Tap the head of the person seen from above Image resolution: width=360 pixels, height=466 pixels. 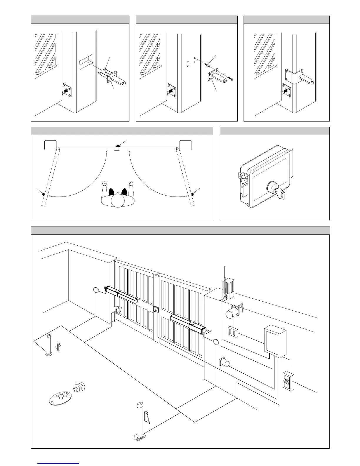(x=117, y=202)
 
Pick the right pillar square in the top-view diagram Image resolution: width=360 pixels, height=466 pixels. (x=186, y=145)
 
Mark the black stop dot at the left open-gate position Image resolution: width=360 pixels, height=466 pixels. (x=44, y=194)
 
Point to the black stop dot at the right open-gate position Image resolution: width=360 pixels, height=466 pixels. (x=193, y=194)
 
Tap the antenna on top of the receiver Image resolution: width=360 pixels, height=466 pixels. (x=225, y=274)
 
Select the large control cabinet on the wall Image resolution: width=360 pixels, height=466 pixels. (x=275, y=341)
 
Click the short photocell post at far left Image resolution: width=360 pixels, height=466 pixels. (x=49, y=345)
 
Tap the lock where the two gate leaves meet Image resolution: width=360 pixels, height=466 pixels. (x=155, y=309)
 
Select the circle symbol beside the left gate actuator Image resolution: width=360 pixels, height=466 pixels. (x=96, y=290)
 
